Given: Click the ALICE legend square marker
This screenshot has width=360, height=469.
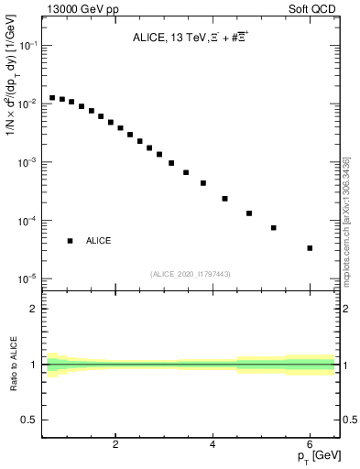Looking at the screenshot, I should (70, 241).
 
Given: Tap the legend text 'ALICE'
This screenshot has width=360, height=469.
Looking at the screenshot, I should (99, 241).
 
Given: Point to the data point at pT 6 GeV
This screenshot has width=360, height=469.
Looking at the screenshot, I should (310, 248).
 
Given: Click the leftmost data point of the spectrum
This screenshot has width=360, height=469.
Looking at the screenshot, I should (52, 97).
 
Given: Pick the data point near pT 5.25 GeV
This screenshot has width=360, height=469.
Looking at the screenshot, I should (273, 228).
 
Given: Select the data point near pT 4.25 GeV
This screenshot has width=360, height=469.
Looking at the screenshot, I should (224, 198).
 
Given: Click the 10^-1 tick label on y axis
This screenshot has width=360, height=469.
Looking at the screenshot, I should (27, 46).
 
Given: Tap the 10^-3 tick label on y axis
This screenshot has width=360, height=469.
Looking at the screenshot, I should (27, 162).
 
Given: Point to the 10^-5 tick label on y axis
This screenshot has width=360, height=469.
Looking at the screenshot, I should (27, 278).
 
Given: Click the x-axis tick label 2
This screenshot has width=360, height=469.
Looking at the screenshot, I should (115, 445).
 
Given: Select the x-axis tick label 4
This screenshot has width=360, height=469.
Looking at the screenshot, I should (213, 445).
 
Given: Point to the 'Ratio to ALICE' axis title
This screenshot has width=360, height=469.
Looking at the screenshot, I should (13, 365).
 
